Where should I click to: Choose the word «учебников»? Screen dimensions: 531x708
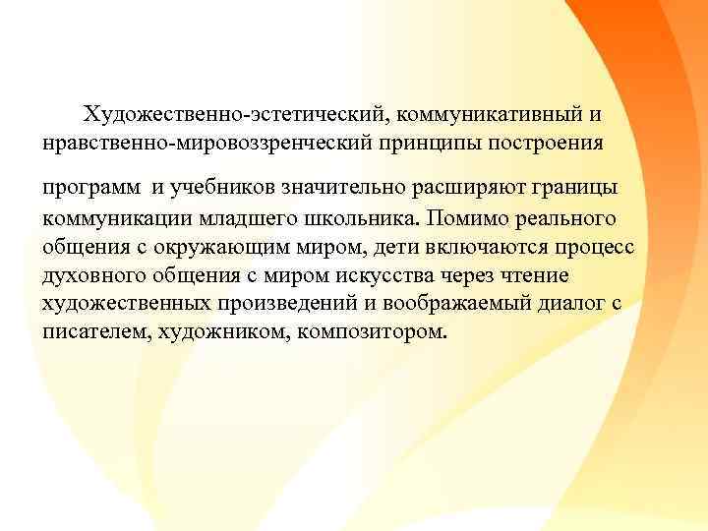coord(212,188)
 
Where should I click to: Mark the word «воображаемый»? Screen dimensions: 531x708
coord(471,302)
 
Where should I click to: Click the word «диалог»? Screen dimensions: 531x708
coord(572,302)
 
